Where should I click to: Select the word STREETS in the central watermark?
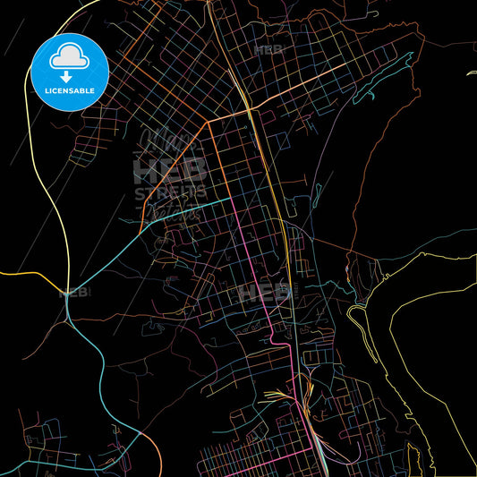170,192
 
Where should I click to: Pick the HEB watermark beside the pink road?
265,292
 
